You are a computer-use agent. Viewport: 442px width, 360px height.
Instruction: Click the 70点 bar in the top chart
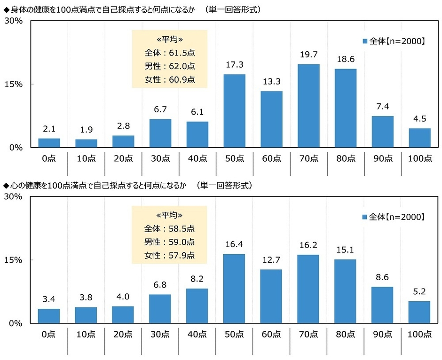[x=308, y=106]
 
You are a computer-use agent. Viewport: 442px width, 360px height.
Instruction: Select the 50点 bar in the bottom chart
[x=234, y=289]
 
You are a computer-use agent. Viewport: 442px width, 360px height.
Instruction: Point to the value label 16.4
[x=234, y=246]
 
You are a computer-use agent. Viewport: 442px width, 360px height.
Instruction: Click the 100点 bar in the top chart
[x=419, y=138]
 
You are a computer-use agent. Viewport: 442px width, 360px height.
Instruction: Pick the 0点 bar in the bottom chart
[x=49, y=316]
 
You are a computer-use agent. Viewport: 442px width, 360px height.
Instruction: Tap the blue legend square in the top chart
[x=364, y=41]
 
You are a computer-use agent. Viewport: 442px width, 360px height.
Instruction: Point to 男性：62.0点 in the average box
[x=169, y=66]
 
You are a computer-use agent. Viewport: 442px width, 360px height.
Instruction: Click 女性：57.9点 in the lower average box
[x=169, y=256]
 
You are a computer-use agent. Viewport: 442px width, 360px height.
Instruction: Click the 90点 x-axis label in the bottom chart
[x=382, y=335]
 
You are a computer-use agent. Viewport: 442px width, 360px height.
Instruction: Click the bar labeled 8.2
[x=197, y=305]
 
